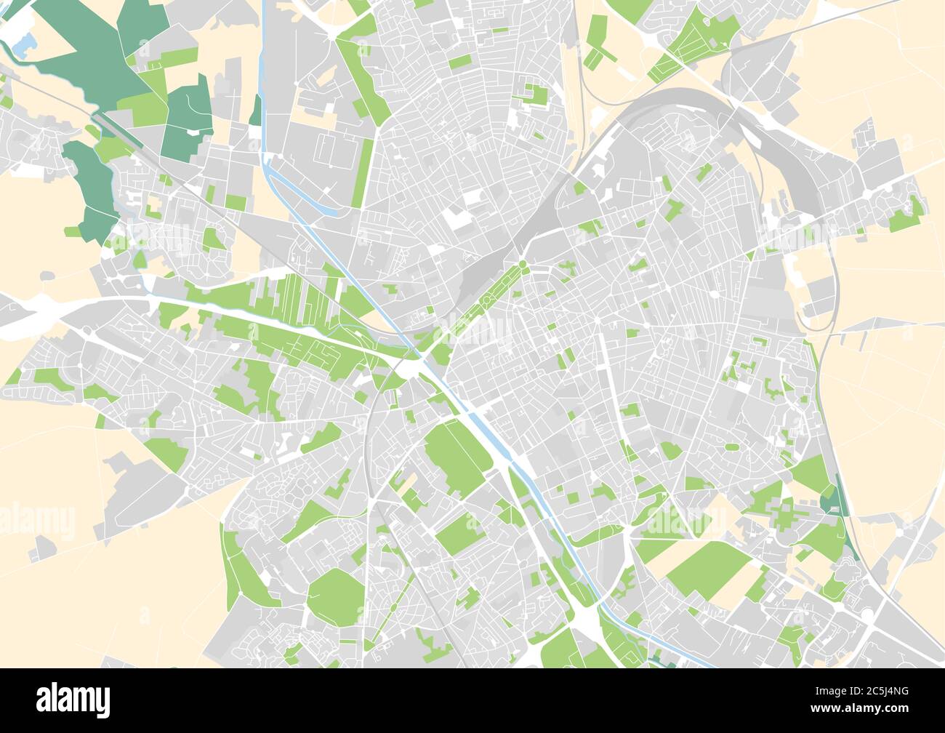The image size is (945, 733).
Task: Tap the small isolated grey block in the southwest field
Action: [x=43, y=547]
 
